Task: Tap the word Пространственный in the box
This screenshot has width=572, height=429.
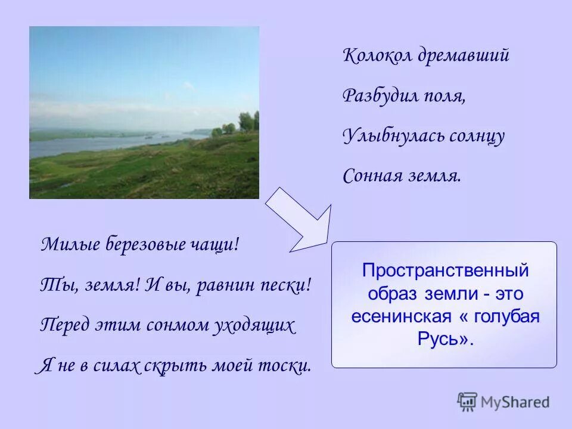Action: point(445,270)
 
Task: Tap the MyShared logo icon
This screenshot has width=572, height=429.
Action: point(468,402)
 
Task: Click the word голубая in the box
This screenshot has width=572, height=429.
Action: point(506,316)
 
